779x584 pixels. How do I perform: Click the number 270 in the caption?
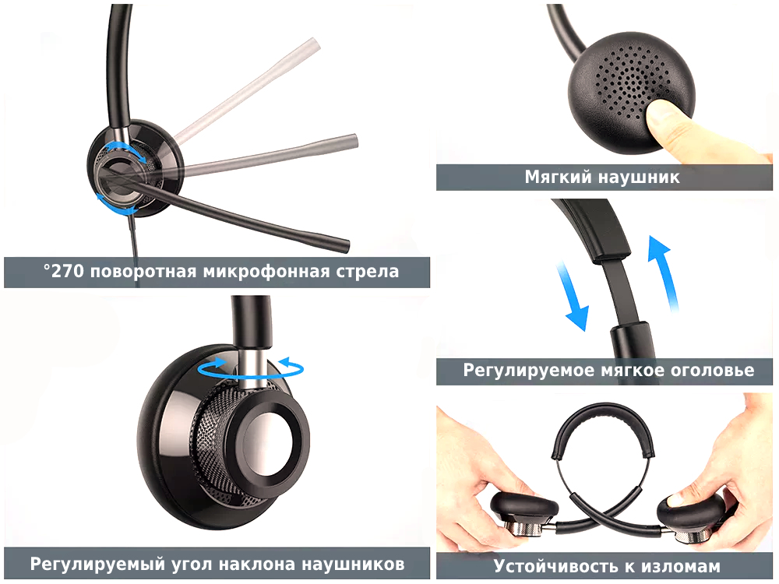[68, 272]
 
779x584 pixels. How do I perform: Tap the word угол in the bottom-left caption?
[192, 565]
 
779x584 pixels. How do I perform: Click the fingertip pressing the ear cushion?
[658, 115]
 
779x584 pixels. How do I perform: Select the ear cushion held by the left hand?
[523, 507]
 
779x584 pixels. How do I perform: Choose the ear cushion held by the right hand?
[690, 510]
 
